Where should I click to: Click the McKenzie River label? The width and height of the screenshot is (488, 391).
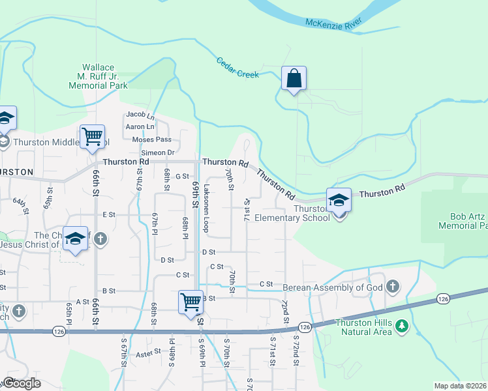(335, 24)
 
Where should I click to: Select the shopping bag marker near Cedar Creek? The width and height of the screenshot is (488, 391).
(294, 79)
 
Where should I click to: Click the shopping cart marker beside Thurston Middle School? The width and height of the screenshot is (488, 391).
(92, 137)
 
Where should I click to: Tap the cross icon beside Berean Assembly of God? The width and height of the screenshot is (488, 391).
(392, 286)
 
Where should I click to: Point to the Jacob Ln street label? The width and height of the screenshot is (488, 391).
(140, 117)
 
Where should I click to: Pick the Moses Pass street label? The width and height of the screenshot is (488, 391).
(151, 139)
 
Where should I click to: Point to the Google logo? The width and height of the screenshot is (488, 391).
(21, 383)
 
